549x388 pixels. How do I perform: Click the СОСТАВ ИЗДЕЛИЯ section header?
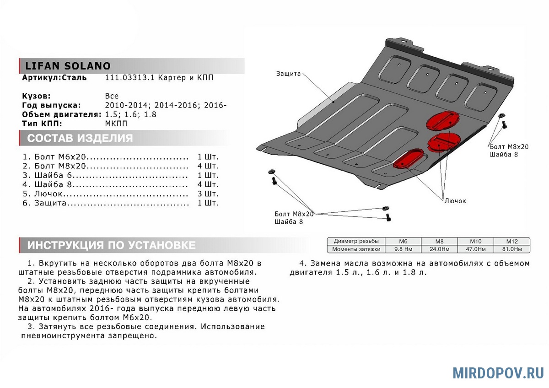(80, 138)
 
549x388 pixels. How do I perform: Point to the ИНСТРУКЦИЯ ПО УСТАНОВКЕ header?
(111, 245)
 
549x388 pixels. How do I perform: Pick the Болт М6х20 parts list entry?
(60, 156)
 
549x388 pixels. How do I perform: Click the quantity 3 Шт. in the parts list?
(208, 194)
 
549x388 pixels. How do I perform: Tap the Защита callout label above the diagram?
(288, 74)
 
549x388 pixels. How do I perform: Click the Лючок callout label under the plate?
(455, 201)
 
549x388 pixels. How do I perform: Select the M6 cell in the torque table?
(403, 241)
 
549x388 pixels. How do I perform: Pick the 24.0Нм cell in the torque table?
(439, 249)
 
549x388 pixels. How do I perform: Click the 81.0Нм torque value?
(511, 249)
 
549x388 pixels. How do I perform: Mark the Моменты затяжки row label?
(356, 249)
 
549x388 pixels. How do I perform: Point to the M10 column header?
(475, 241)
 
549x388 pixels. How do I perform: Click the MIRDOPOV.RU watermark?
(498, 373)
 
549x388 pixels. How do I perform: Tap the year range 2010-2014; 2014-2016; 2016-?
(166, 105)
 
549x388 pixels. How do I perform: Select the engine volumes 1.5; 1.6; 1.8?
(130, 114)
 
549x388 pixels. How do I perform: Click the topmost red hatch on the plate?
(442, 119)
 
